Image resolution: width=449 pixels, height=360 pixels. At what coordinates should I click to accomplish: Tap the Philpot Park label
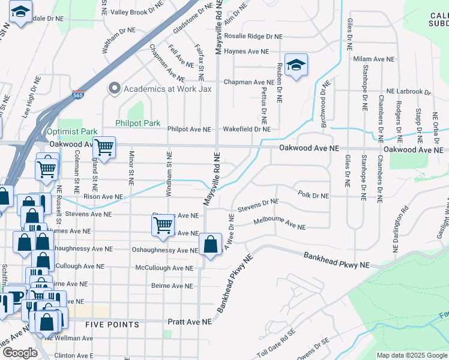(x=138, y=123)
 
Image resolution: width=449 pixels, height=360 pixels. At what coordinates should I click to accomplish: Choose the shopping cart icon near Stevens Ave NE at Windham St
(x=163, y=226)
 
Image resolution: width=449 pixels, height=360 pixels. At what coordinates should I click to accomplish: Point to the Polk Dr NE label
(x=313, y=196)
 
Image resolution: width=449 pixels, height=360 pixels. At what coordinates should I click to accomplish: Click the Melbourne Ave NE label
(x=279, y=224)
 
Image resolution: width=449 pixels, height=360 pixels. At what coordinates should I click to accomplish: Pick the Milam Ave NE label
(x=374, y=59)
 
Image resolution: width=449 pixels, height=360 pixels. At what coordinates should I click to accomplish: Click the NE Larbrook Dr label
(x=408, y=92)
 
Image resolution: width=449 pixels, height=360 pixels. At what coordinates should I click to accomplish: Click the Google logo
(x=20, y=353)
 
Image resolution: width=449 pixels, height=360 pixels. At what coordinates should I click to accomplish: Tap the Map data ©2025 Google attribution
(x=412, y=355)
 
